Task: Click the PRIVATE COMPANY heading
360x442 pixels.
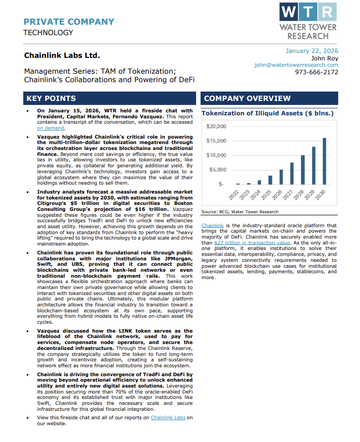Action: tap(69, 22)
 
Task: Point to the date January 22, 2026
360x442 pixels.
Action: tap(312, 50)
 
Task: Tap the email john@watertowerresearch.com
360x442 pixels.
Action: tap(296, 65)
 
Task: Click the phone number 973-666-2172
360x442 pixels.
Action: tap(316, 72)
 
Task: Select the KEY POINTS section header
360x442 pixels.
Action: tap(51, 98)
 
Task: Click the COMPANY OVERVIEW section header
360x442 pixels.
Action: tap(247, 98)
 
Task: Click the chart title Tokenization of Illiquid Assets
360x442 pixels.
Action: tap(267, 113)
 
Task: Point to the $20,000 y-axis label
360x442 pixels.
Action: tap(216, 127)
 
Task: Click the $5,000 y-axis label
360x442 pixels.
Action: tap(217, 170)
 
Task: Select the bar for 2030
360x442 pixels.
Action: tap(324, 161)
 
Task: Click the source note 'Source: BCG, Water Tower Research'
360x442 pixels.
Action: tap(240, 212)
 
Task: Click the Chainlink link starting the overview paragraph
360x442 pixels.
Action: tap(212, 226)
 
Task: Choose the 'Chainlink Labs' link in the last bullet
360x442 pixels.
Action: tap(168, 418)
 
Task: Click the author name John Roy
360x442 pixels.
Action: tap(324, 58)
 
